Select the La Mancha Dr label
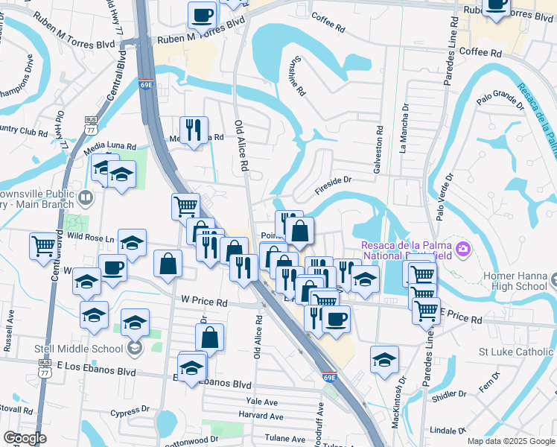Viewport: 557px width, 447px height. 404,127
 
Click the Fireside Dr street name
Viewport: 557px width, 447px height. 332,186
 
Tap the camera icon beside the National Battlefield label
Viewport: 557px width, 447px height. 462,247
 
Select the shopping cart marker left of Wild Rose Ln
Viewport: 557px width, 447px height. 44,244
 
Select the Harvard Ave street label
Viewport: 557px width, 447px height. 261,415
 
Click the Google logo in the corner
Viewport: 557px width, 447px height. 24,438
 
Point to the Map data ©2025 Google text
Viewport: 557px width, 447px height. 510,441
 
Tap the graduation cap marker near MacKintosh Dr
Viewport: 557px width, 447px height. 384,361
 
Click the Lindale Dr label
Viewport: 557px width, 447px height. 448,431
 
